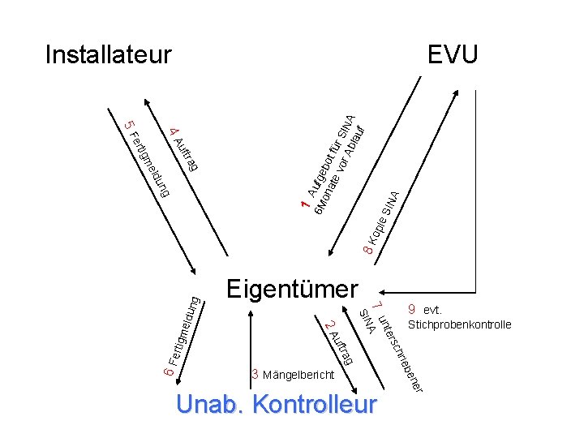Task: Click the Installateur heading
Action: click(109, 55)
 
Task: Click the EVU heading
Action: click(453, 55)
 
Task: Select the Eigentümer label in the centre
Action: click(292, 288)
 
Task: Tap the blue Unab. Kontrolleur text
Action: click(276, 403)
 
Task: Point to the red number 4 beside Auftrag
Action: click(174, 131)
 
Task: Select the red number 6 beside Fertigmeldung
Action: click(165, 371)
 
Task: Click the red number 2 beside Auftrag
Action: click(327, 326)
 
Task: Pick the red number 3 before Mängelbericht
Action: click(255, 374)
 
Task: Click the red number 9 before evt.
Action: click(412, 309)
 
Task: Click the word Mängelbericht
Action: click(298, 375)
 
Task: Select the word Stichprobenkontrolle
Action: click(460, 325)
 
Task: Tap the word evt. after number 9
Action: click(432, 310)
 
